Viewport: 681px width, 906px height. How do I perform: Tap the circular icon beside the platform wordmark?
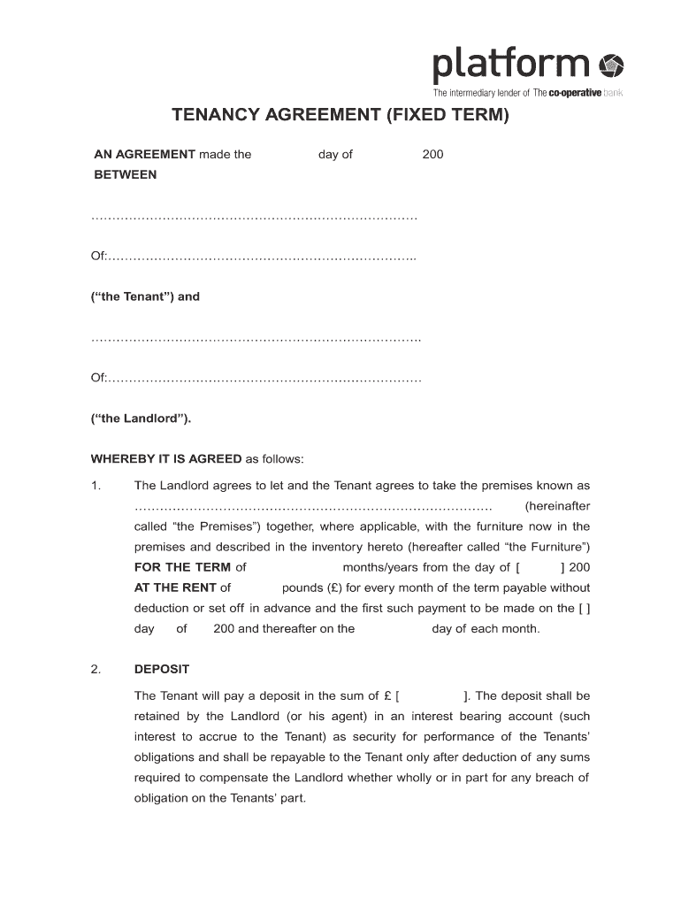612,65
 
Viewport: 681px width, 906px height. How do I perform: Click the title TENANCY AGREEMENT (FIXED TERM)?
340,116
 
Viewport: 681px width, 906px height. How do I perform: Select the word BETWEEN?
126,174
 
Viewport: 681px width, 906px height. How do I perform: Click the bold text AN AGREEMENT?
145,154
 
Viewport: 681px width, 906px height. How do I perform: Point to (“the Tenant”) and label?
146,296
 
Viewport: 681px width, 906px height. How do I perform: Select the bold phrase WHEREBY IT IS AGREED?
166,458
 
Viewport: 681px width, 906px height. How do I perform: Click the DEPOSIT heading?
161,669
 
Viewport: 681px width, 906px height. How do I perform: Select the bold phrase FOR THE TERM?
182,567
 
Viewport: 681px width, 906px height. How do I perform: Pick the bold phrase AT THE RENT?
175,587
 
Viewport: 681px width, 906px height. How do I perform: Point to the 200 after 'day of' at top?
432,154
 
